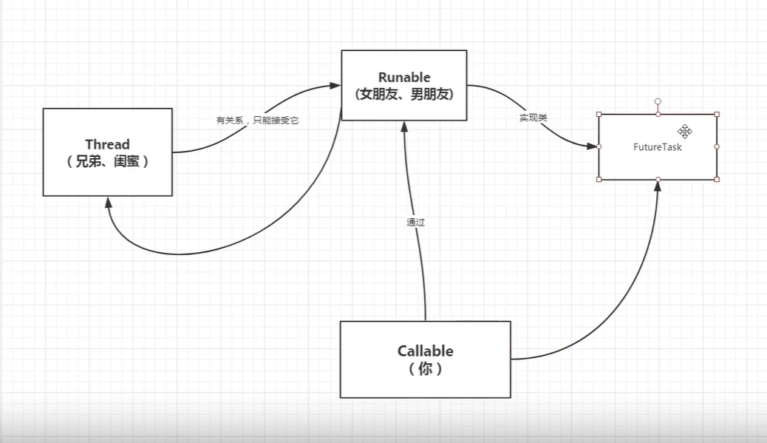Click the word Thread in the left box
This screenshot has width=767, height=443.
tap(107, 144)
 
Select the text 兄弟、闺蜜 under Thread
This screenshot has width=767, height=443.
tap(107, 161)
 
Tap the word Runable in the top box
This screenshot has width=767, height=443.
tap(403, 77)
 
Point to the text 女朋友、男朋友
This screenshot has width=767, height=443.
tap(403, 95)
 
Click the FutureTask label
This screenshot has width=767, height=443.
tap(657, 147)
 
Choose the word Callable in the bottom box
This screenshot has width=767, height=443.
tap(425, 351)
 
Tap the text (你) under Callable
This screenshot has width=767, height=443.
tap(425, 369)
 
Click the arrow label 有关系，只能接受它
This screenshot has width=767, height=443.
tap(257, 120)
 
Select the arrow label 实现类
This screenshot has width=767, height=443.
tap(533, 118)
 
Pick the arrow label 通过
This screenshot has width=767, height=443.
tap(415, 222)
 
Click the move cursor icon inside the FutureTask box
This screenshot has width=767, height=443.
tap(684, 131)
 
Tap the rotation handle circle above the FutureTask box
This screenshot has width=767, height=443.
tap(658, 101)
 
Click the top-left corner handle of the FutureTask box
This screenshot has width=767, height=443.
tap(599, 115)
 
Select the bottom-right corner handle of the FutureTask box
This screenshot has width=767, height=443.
tap(717, 179)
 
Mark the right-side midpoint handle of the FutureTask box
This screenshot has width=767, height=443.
tap(717, 146)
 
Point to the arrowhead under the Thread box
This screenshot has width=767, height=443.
tap(109, 202)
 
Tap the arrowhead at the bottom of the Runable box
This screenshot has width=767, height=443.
tap(403, 126)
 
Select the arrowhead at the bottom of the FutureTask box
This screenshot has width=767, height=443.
tap(657, 186)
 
